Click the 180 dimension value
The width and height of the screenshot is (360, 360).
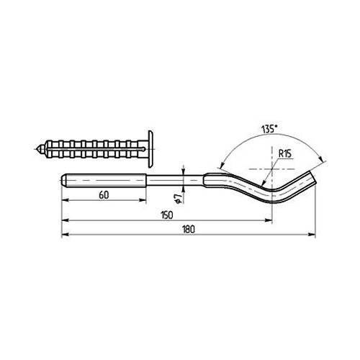tap(187, 228)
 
